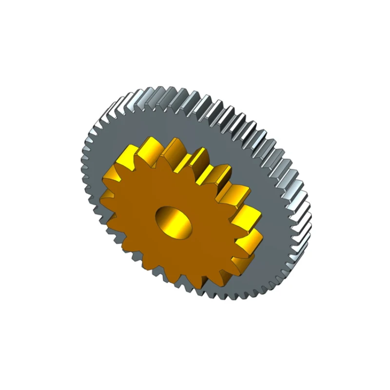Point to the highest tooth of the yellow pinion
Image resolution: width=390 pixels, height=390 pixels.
pos(149,141)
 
